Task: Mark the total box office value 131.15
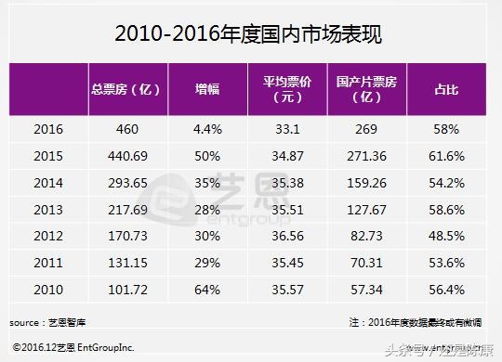point(128,263)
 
